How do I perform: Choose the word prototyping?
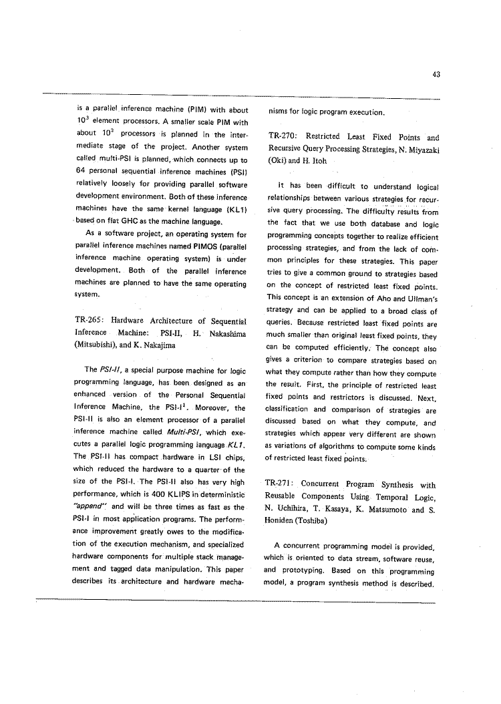pos(305,571)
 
